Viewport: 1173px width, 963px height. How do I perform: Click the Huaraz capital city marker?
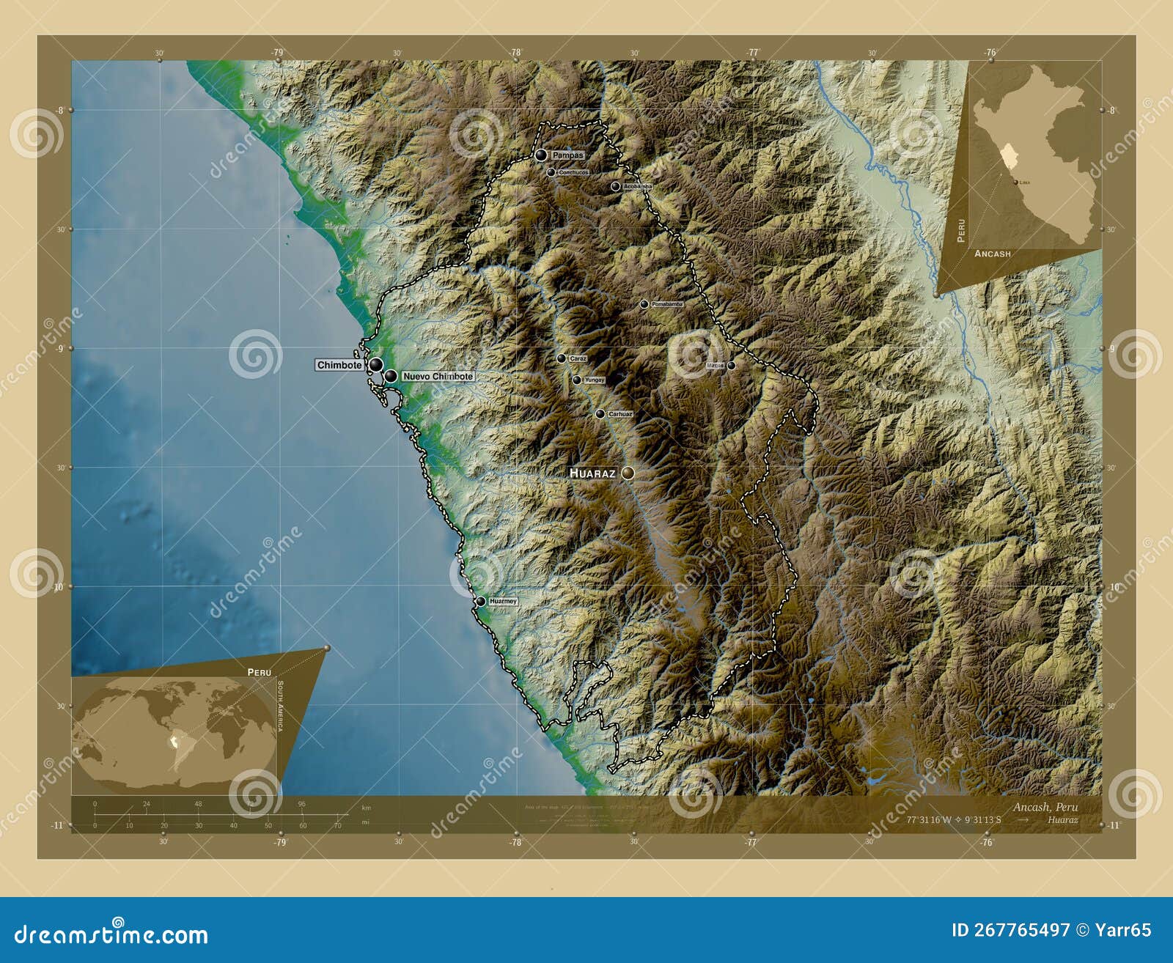pos(628,473)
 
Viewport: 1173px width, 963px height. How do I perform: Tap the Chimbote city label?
pos(339,365)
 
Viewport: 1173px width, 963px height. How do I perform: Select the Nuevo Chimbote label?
pos(438,376)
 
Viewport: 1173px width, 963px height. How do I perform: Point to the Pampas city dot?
pos(541,155)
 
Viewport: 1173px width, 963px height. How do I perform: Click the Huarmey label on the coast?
pos(503,601)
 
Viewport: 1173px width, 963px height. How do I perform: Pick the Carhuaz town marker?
pos(600,414)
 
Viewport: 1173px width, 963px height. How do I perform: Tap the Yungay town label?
pos(595,380)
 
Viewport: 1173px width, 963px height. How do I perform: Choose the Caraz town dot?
pos(562,358)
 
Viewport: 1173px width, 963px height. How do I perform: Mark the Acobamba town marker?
pos(615,187)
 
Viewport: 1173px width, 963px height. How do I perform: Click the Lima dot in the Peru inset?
pos(1015,182)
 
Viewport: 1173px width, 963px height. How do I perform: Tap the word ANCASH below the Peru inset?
pos(993,254)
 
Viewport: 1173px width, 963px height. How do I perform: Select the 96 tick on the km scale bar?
pos(301,804)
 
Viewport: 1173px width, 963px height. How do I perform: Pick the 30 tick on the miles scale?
pos(199,825)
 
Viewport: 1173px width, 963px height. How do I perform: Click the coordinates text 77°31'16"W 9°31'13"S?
pos(953,819)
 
